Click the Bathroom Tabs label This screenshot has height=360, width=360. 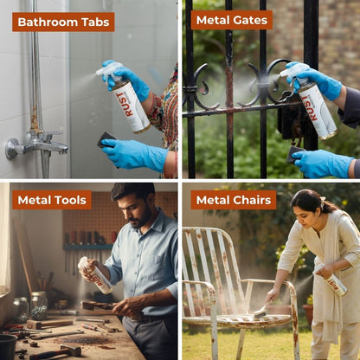pyautogui.click(x=63, y=22)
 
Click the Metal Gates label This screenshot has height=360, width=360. pyautogui.click(x=232, y=20)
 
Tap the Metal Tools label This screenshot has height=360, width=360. pyautogui.click(x=52, y=200)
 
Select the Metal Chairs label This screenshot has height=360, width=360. pyautogui.click(x=234, y=200)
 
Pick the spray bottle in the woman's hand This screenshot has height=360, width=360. pyautogui.click(x=333, y=280)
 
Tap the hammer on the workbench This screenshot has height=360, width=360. pyautogui.click(x=57, y=350)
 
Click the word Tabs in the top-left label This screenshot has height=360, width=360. pyautogui.click(x=93, y=22)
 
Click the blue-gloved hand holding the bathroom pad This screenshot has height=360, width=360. pyautogui.click(x=136, y=154)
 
